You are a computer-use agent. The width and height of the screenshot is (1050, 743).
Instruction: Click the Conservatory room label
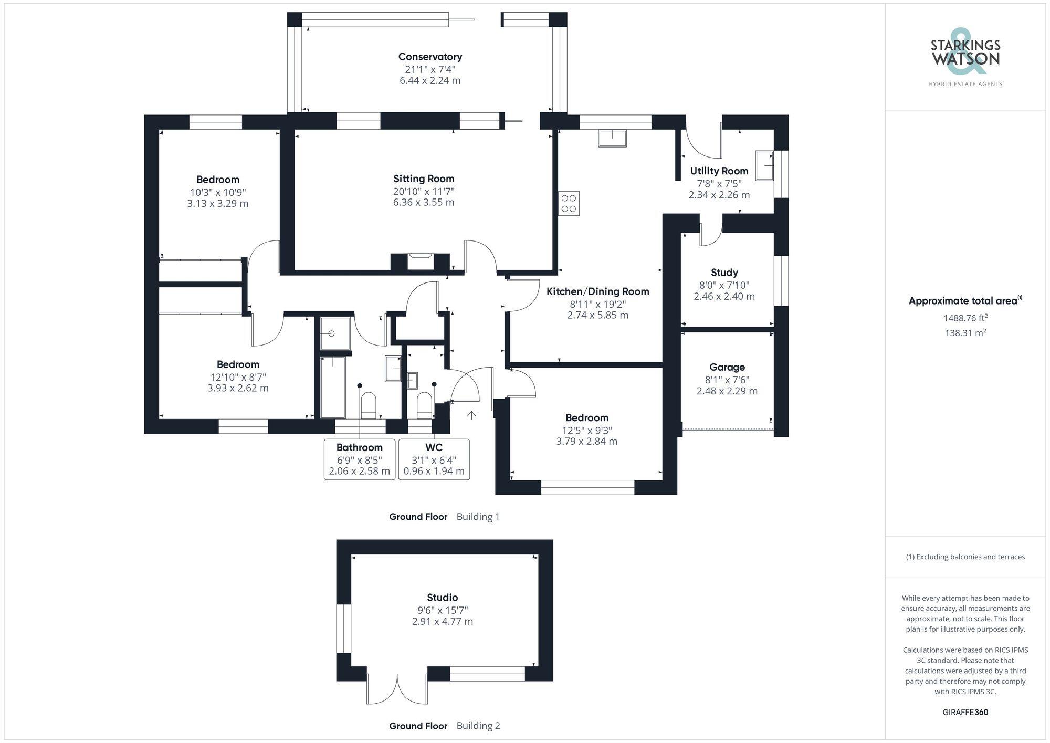[x=430, y=57]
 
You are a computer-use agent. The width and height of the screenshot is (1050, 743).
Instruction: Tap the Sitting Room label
[x=424, y=179]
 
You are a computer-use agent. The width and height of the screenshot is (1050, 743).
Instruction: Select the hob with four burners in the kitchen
[x=569, y=203]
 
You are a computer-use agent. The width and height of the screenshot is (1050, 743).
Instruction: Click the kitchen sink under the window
[x=612, y=139]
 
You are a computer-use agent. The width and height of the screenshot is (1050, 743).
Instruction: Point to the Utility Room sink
[x=764, y=165]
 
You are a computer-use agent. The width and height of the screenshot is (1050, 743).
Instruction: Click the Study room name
[x=724, y=273]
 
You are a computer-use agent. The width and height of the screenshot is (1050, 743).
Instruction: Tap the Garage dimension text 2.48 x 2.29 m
[x=727, y=391]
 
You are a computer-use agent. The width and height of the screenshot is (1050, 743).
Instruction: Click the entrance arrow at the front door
[x=471, y=415]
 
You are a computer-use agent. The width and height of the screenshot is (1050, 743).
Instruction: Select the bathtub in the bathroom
[x=333, y=386]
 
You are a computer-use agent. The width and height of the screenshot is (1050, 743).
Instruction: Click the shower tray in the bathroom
[x=334, y=333]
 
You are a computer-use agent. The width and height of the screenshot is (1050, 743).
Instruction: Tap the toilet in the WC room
[x=424, y=405]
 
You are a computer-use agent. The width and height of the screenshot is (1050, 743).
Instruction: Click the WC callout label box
[x=434, y=459]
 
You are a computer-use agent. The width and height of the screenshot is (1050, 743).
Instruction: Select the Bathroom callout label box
[x=360, y=459]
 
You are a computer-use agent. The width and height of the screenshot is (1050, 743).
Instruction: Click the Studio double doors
[x=397, y=689]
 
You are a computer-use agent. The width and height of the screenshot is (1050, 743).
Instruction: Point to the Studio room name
[x=442, y=598]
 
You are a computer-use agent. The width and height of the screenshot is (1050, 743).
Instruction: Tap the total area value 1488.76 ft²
[x=965, y=318]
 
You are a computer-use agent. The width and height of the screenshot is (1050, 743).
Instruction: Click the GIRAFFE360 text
[x=965, y=713]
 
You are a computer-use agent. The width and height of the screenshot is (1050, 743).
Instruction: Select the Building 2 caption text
[x=478, y=726]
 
